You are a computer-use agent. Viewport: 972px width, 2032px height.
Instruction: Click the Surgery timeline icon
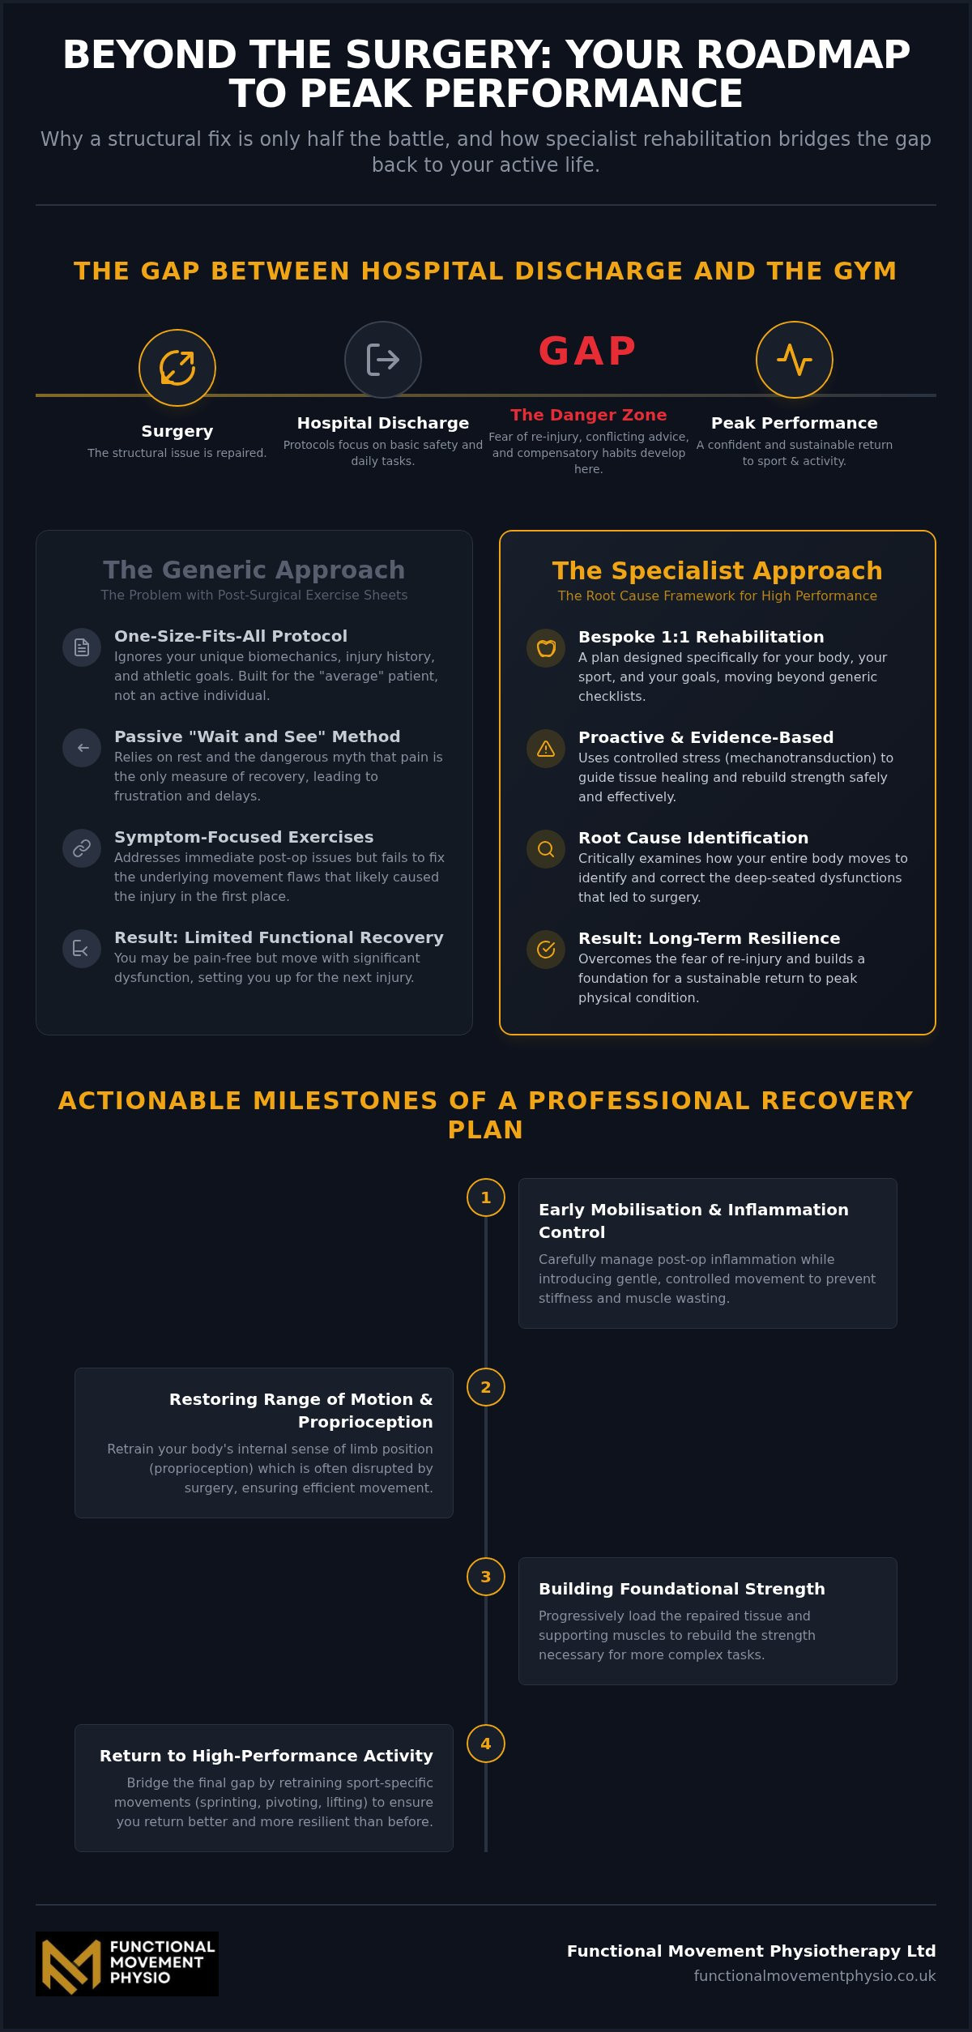[177, 368]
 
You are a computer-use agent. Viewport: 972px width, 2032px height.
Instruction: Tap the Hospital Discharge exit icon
[383, 360]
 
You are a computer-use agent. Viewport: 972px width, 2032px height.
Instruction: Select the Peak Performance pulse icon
[795, 360]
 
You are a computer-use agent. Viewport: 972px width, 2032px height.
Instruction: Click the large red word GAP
[588, 351]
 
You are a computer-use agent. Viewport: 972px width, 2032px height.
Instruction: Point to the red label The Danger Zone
[589, 415]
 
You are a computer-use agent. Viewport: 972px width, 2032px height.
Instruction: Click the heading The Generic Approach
[254, 570]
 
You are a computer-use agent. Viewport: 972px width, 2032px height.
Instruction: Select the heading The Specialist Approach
[718, 570]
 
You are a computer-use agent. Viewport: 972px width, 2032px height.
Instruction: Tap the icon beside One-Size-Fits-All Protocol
[82, 647]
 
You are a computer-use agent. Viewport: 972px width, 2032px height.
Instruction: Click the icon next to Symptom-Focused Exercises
[82, 848]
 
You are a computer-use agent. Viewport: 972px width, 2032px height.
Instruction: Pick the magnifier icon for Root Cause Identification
[546, 849]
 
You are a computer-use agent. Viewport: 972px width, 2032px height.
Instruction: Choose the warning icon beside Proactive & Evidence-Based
[546, 749]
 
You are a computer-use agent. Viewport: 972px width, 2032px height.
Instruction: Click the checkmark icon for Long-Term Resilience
[546, 950]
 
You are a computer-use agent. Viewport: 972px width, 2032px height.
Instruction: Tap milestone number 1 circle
[486, 1197]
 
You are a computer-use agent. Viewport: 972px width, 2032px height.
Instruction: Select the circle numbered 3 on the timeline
[486, 1577]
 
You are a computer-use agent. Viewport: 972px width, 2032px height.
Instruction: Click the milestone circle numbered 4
[486, 1744]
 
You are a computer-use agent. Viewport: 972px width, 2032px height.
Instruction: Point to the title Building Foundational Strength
[682, 1589]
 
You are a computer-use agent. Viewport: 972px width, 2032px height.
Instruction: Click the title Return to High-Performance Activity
[266, 1756]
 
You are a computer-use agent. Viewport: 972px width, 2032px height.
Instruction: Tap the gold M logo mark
[71, 1965]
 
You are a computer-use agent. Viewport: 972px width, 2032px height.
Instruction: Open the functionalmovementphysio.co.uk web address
[815, 1976]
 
